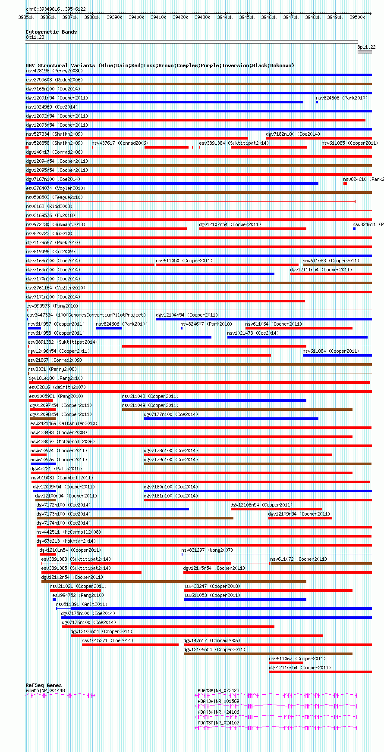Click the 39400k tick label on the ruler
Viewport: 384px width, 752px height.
click(x=136, y=17)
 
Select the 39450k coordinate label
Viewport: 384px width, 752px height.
click(x=247, y=17)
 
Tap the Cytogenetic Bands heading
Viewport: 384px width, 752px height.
click(x=51, y=32)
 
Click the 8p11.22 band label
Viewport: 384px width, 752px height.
click(x=366, y=47)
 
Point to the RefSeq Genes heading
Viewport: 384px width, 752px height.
click(x=44, y=685)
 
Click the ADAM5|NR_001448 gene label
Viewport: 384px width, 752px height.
click(x=45, y=690)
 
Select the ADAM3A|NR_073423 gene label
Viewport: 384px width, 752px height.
click(x=218, y=690)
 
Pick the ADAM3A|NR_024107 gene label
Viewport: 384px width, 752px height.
click(x=218, y=723)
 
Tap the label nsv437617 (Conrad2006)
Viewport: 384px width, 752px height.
click(x=120, y=143)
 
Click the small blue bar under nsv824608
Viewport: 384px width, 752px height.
click(x=317, y=102)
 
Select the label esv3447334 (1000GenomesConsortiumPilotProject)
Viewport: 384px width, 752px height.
click(x=86, y=315)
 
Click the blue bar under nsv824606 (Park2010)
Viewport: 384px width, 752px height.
click(x=109, y=328)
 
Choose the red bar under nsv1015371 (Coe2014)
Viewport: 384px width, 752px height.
click(x=130, y=645)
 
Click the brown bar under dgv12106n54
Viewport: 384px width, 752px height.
click(x=268, y=654)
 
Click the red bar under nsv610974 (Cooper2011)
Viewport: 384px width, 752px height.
click(x=38, y=455)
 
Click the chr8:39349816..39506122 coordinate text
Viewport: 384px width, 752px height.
click(x=56, y=9)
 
